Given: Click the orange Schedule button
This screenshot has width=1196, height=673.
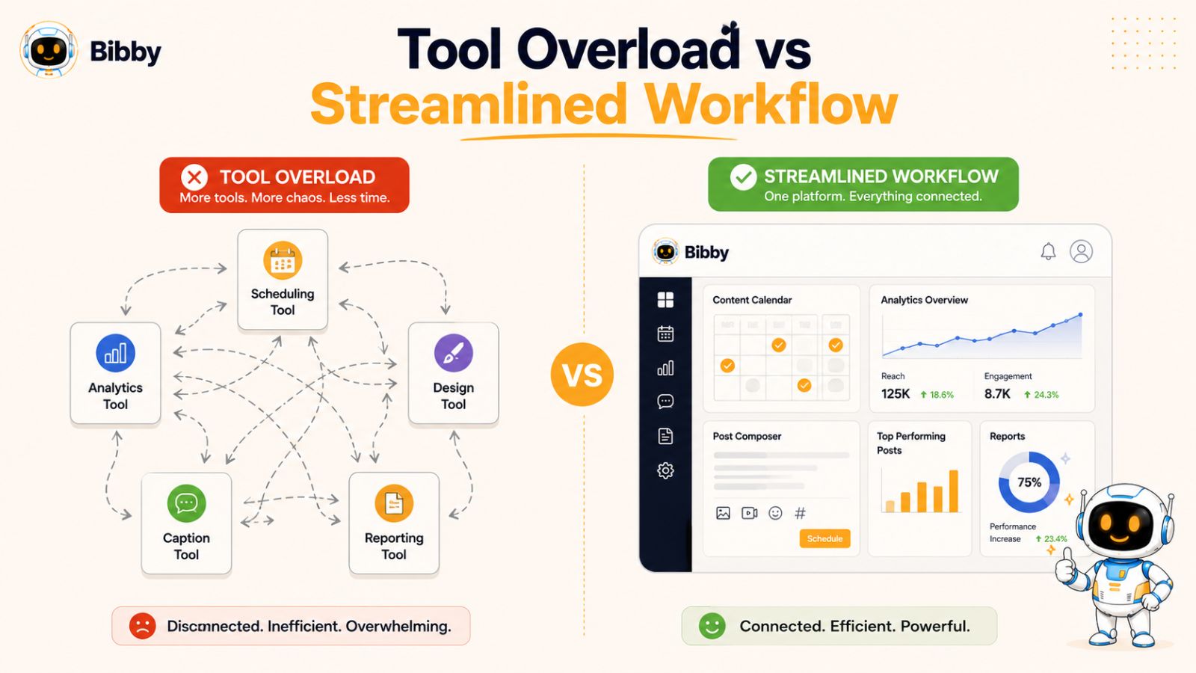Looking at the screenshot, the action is coord(824,538).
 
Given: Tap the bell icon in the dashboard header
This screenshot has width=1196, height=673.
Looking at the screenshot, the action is coord(1048,251).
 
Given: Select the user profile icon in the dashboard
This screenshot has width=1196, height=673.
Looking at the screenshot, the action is coord(1081,251).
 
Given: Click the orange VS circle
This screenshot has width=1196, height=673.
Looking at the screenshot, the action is coord(582,374).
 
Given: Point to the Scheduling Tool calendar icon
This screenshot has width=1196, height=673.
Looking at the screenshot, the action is coord(283,261).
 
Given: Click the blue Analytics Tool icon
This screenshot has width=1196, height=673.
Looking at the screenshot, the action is coord(115,353).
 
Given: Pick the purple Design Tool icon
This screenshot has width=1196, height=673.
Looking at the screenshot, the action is coord(453,353).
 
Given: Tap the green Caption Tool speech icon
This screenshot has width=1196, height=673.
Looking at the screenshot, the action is coord(186,503).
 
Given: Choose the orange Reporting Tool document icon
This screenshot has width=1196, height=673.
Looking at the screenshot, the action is coord(394,503).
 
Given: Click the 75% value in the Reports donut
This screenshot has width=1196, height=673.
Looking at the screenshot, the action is coord(1029,482).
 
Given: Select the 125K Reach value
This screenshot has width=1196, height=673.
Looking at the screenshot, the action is coord(896,394).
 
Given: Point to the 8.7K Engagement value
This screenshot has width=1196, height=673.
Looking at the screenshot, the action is coord(997,394).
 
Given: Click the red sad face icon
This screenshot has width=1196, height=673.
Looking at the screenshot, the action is coord(143,626).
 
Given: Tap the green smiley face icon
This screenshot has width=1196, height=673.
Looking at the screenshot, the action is coord(712,626).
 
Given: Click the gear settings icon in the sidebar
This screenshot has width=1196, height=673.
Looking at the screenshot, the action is coord(665,470).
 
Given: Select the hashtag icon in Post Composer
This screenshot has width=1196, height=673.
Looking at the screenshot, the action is coord(800,513).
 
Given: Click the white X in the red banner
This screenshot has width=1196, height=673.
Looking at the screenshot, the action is coord(194,176).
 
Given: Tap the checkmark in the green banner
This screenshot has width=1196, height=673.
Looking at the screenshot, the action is coord(743,176).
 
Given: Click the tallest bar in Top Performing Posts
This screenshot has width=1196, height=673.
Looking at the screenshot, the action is coord(953,491).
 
